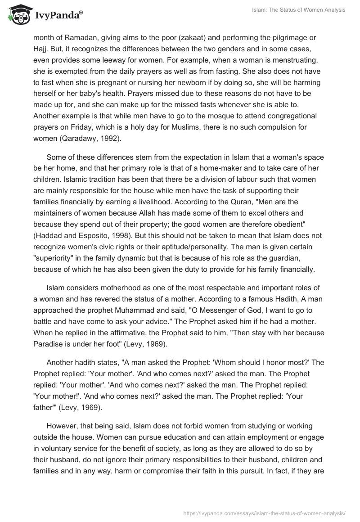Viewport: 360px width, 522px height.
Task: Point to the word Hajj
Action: pyautogui.click(x=40, y=49)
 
